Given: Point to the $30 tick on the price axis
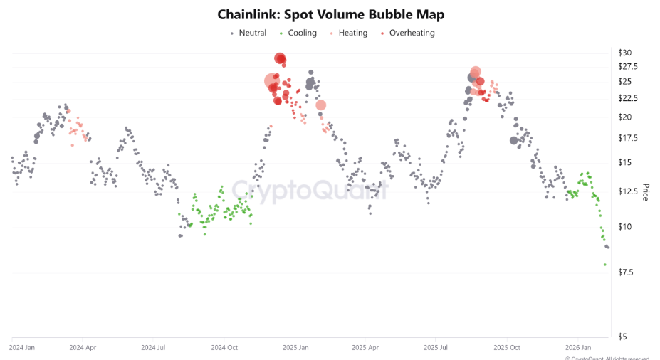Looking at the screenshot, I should [x=624, y=53].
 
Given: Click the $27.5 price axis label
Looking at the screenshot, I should [x=627, y=66].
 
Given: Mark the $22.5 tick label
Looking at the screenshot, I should [x=627, y=98].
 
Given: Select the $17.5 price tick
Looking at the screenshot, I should [x=627, y=138].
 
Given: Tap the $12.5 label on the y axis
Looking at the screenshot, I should [x=627, y=191].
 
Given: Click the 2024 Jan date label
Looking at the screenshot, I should [x=21, y=348].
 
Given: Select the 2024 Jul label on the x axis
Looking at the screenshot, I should [x=153, y=348].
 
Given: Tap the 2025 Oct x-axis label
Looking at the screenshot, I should [x=506, y=348].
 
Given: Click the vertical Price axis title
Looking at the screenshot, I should [x=646, y=192].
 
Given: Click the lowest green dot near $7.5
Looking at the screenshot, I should [x=605, y=265].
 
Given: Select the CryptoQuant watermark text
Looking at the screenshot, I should [x=310, y=191].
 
